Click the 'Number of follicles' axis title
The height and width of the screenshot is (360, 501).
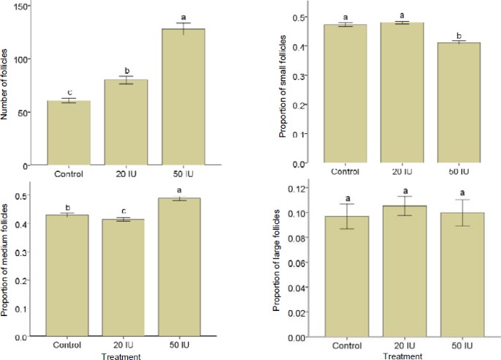point(7,86)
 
